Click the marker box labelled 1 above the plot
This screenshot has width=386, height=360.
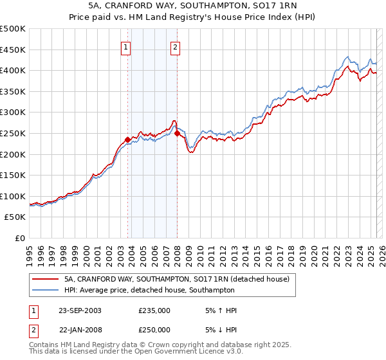coord(125,46)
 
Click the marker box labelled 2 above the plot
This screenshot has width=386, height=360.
coord(175,46)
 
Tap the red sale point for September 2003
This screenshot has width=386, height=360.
coord(127,139)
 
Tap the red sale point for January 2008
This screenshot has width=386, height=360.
coord(177,133)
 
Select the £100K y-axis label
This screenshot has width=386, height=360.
coord(14,196)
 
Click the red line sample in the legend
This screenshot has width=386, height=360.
coord(45,279)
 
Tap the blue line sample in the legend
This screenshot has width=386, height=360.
coord(45,290)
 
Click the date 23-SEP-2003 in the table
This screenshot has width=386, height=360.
coord(80,310)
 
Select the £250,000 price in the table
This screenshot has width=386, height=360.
coord(154,330)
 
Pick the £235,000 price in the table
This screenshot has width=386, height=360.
coord(154,310)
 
